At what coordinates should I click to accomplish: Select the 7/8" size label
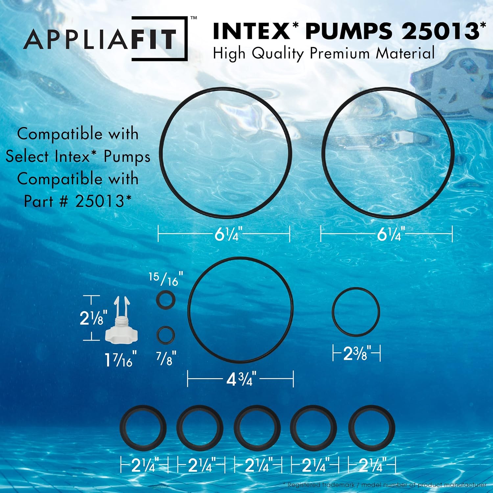166,358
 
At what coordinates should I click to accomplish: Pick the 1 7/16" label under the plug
121,360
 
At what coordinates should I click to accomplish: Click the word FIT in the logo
153,39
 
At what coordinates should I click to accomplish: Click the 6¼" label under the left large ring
228,234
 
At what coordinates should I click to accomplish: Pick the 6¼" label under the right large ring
389,234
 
